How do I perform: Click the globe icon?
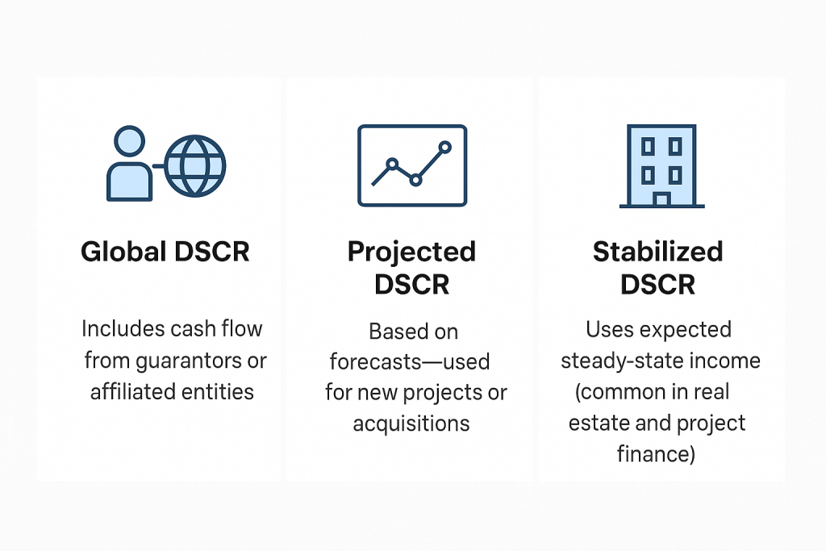coord(195,166)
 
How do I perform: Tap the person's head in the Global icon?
coord(130,141)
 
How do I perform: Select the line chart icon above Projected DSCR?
coord(412,165)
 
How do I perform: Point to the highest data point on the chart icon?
coord(445,147)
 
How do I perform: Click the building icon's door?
coord(661,199)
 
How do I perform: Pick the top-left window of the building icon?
coord(648,147)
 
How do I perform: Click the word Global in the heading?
coord(123,251)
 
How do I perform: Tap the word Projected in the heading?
coord(412,253)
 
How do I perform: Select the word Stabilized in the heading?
coord(658,251)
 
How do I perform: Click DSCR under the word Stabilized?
coord(658,285)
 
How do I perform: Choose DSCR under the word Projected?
coord(412,285)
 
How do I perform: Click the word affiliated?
coord(130,391)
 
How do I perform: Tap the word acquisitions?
coord(411,424)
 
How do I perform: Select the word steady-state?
coord(621,361)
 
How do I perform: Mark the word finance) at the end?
coord(657,454)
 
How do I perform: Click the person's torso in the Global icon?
coord(130,182)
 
